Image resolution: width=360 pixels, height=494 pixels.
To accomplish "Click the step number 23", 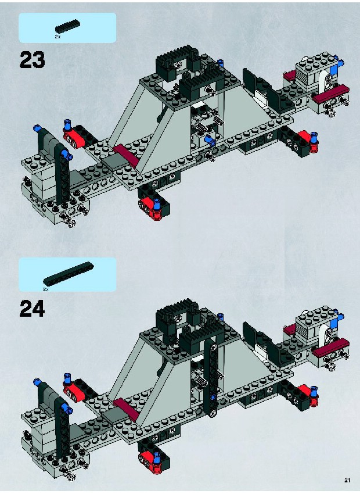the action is pyautogui.click(x=32, y=60).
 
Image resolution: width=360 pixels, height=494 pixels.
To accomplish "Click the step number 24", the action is pyautogui.click(x=32, y=309).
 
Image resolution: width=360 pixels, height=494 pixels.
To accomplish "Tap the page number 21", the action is pyautogui.click(x=347, y=480).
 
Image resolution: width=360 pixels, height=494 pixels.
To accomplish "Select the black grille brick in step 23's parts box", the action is pyautogui.click(x=67, y=26).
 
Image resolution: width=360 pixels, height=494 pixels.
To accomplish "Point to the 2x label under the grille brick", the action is pyautogui.click(x=57, y=37).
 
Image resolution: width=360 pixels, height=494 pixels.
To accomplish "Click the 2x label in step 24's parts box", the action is pyautogui.click(x=46, y=289).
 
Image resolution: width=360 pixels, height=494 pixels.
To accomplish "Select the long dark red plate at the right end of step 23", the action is pyautogui.click(x=331, y=94).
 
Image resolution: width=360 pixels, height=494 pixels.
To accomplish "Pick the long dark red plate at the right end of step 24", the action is pyautogui.click(x=331, y=348).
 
